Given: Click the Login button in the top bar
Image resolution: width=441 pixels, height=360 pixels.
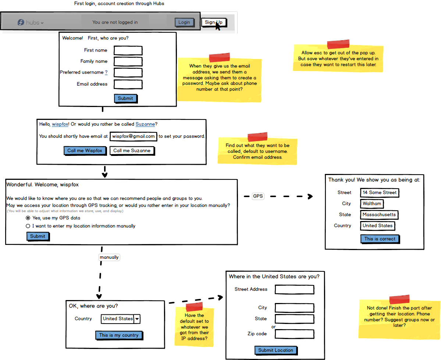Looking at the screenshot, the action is pos(184,22).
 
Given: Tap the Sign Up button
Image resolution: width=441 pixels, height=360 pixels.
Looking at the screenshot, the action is pos(214,22).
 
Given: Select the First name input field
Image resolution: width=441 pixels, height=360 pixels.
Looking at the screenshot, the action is pos(128,51).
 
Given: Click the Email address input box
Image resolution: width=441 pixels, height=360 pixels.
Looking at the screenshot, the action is pos(128,84).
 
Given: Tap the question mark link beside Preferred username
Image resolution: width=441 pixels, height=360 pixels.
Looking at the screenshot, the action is pos(106,72).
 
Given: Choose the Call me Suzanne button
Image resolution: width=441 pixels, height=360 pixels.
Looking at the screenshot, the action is pos(132,151).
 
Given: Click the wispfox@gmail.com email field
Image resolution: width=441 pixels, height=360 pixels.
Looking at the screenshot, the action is pos(133,136).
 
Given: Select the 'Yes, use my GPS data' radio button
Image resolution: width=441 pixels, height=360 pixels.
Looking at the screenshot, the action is pos(28,218).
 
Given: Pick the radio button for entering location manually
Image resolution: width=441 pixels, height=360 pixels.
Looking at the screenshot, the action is pos(28,226).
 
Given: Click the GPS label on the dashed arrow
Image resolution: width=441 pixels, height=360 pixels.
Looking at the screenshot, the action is pos(258,196).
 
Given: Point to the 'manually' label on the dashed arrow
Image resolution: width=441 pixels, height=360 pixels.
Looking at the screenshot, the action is pos(109,257).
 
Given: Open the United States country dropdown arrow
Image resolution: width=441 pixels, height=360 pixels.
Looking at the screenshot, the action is pos(137,319).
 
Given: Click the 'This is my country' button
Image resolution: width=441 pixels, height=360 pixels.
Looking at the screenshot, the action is pos(119,335).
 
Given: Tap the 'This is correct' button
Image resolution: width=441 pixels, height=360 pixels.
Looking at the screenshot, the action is pos(380,239).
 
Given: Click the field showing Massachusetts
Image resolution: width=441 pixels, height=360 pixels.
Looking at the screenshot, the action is pos(379,215).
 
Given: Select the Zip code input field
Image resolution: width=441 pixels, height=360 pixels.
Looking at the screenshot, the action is pos(295,334).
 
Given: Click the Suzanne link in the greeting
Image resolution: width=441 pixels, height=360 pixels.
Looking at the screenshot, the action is pos(145,124).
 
